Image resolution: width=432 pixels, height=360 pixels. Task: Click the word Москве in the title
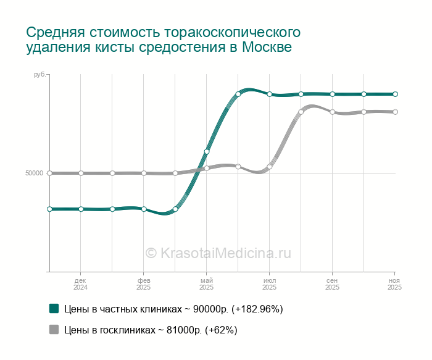coord(267,47)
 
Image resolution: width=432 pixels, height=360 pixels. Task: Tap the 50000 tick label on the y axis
coord(35,173)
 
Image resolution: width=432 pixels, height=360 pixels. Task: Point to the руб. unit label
coord(40,75)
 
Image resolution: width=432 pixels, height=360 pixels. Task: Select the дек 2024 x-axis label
coord(80,284)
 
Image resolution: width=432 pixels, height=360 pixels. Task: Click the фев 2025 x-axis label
coord(144,284)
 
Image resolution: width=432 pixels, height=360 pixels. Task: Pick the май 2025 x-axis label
coord(206,284)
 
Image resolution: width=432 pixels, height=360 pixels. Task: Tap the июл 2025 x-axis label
coord(270,284)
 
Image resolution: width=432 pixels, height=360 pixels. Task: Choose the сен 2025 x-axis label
coord(332,284)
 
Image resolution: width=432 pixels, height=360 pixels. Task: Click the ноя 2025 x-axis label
coord(394,284)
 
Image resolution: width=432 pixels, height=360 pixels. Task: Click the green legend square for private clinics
coord(54,309)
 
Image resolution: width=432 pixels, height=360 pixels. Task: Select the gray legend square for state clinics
coord(54,329)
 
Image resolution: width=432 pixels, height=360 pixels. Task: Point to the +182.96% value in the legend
coord(257,309)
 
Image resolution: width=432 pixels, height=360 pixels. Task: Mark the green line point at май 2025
coord(207,152)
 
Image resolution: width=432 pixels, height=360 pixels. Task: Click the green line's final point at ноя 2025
coord(396,94)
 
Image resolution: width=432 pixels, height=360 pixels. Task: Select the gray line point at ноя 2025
coord(396,112)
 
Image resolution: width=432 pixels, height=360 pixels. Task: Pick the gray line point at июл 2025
coord(270,167)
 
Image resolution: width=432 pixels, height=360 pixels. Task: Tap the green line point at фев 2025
coord(144,209)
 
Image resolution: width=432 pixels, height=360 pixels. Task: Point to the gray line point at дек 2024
coord(81,173)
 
